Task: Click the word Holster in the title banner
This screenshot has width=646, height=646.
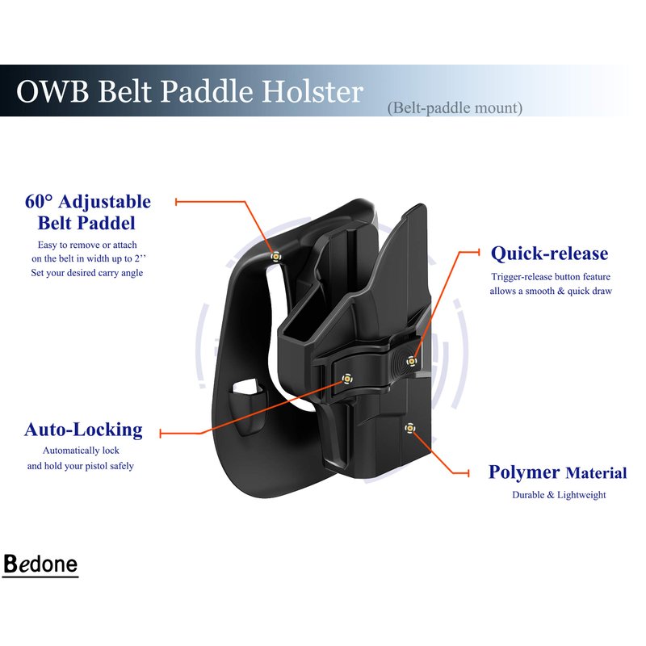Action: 313,91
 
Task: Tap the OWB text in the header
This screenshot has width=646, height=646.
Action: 52,91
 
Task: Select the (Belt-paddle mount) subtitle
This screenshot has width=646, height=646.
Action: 455,108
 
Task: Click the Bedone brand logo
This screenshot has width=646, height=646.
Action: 40,564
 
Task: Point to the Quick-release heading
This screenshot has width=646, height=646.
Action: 550,254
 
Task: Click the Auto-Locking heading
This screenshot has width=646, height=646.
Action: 84,430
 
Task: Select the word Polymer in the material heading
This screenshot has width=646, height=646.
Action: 524,473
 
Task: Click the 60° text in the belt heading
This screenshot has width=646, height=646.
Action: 39,201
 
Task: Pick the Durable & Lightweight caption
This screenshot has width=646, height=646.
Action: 559,495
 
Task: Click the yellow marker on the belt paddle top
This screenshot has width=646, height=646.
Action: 275,257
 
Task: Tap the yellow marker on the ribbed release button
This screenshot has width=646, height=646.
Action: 411,361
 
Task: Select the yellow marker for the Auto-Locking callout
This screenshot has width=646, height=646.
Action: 347,379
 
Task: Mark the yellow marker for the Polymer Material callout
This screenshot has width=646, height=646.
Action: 409,428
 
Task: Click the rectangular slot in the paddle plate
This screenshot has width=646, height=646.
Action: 245,388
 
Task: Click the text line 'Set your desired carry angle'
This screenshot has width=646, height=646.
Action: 87,273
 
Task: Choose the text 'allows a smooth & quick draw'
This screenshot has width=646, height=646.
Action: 551,291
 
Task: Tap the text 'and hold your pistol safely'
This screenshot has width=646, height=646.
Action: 81,466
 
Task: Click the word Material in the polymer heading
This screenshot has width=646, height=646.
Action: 596,473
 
